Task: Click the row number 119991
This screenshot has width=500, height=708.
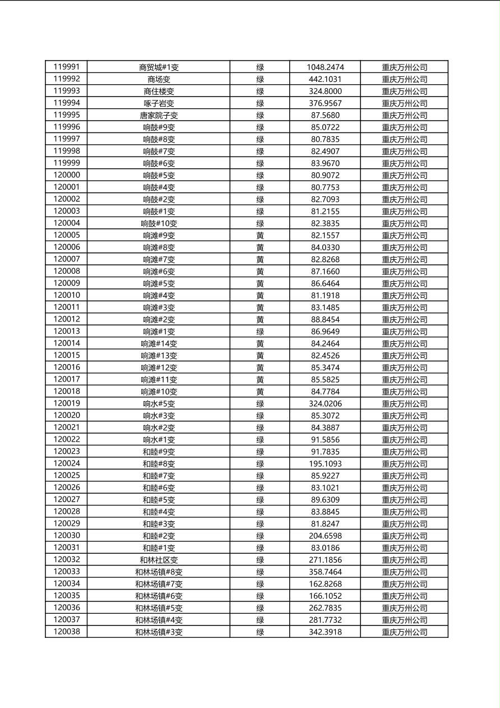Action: [67, 67]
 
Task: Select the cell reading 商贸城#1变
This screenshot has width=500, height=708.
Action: [159, 67]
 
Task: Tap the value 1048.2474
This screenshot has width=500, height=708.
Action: [325, 67]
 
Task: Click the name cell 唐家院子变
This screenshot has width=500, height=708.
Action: [159, 116]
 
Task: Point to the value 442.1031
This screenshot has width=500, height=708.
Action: [325, 79]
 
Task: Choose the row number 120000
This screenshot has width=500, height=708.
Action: [67, 175]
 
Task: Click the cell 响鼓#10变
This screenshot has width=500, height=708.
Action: [159, 223]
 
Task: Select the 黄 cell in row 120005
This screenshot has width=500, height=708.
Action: [260, 236]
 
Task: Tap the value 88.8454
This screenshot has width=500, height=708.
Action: [325, 319]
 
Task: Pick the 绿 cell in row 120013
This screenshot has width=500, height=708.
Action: [260, 332]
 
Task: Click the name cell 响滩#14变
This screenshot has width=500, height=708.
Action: [159, 343]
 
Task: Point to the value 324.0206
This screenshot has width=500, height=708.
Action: [325, 403]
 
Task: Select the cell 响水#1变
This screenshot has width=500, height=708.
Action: [159, 440]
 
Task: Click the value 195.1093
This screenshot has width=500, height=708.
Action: [325, 463]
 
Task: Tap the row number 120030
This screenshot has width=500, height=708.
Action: [67, 536]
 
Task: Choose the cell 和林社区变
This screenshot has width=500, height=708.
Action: [159, 560]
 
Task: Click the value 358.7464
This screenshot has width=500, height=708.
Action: [325, 572]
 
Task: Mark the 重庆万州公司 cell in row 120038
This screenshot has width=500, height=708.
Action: [404, 632]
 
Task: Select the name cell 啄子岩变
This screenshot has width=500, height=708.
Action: [159, 103]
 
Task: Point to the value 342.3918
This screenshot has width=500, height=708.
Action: [325, 632]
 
